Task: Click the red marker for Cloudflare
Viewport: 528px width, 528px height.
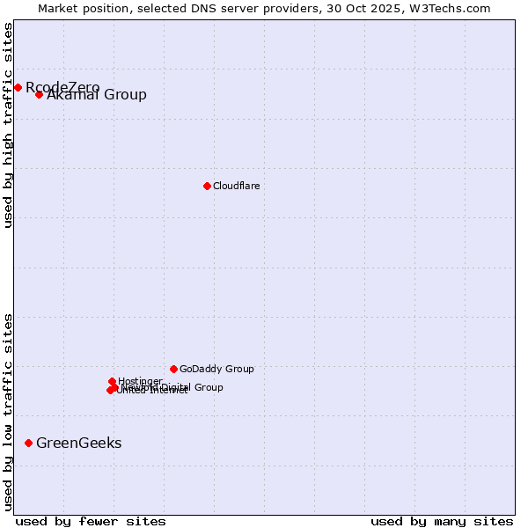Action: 207,186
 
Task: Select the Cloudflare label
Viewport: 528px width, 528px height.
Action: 236,186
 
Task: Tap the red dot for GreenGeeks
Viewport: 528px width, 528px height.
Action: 28,443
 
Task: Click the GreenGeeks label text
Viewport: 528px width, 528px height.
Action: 78,443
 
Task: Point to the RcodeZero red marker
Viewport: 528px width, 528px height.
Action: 18,87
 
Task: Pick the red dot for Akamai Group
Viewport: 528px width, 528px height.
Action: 39,94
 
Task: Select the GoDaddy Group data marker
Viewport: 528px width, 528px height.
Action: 173,369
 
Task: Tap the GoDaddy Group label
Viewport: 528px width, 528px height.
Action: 216,369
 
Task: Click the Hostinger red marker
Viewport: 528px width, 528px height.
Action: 112,381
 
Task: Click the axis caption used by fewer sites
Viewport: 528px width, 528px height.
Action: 91,521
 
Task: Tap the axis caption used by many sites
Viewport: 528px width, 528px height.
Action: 441,521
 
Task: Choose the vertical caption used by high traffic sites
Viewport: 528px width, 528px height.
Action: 8,125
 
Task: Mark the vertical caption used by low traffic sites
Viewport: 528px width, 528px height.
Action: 8,412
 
